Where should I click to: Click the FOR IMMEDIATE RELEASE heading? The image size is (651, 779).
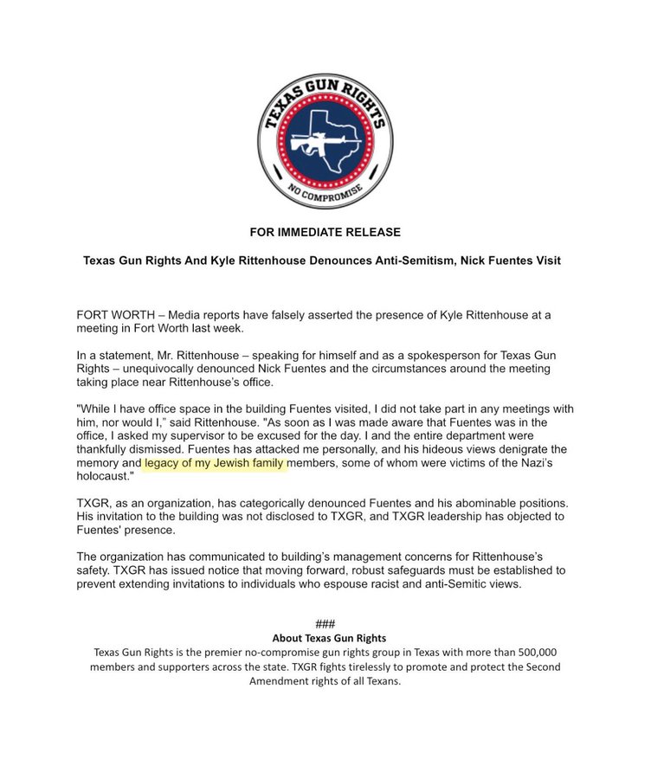click(x=325, y=232)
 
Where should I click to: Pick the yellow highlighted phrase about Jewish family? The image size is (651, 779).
click(x=214, y=464)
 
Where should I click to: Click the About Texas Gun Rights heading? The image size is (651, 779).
click(x=325, y=638)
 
